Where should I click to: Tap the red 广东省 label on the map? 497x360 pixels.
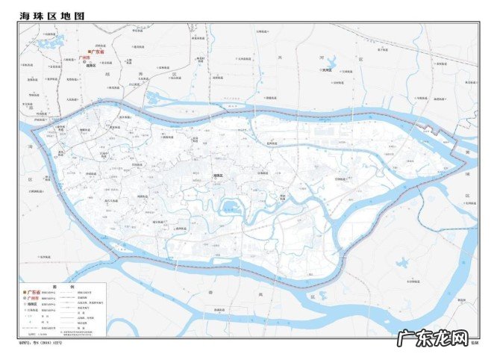tap(98, 52)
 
